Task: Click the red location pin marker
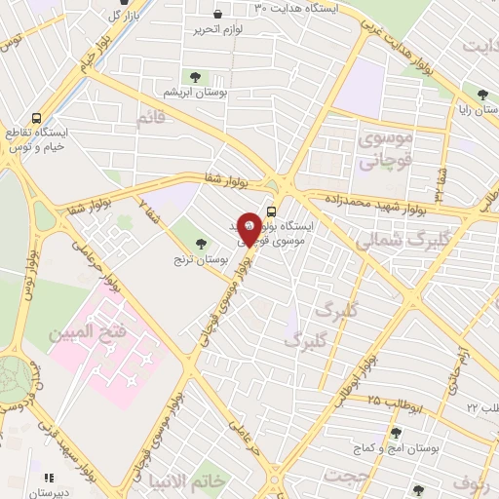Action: click(249, 230)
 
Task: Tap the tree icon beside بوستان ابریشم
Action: click(196, 76)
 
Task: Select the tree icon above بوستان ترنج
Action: click(202, 243)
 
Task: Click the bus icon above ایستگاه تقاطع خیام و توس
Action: click(36, 116)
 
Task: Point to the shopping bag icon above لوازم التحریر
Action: click(215, 16)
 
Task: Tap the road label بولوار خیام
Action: click(78, 74)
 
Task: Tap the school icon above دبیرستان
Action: click(48, 478)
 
